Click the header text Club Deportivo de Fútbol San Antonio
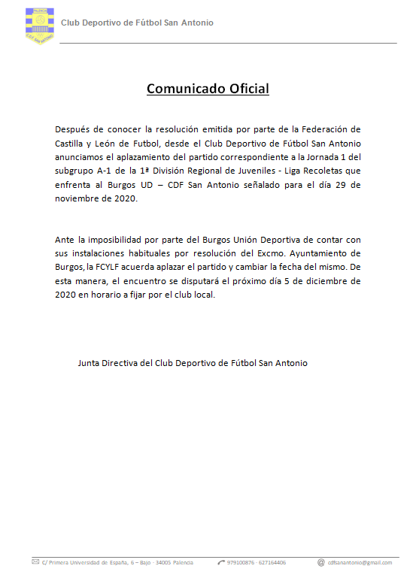point(137,23)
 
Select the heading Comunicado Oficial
point(208,89)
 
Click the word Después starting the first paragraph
point(75,130)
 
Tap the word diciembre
point(317,280)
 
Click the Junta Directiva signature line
point(193,362)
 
